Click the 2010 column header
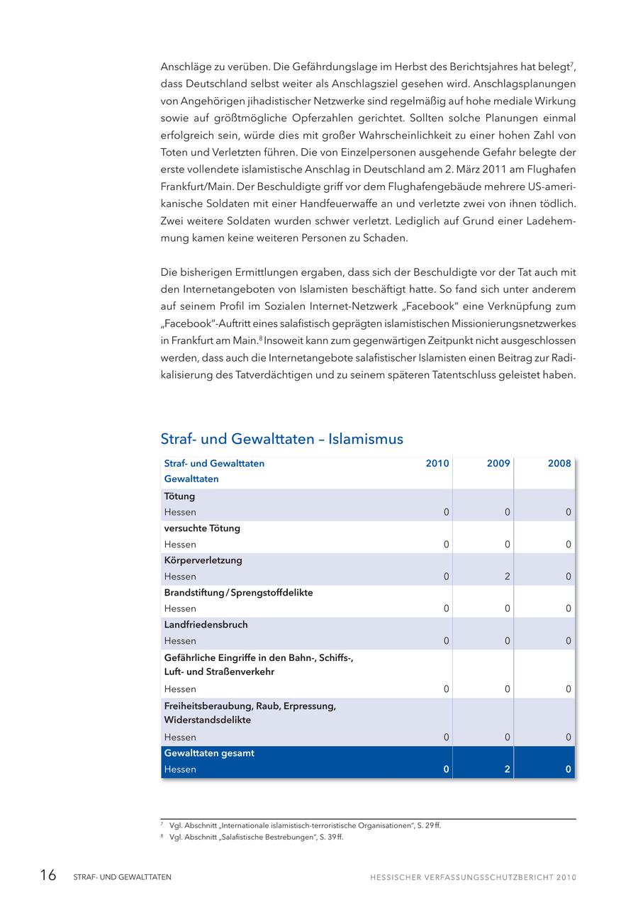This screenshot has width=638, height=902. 437,464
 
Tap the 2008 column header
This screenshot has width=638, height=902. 559,464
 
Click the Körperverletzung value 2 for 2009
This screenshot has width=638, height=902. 508,577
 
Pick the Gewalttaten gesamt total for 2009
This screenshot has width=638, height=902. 508,769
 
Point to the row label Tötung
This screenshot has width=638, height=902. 179,496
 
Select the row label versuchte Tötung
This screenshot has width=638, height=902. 202,528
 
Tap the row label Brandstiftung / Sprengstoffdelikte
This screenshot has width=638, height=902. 238,592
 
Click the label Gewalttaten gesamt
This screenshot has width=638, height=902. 209,753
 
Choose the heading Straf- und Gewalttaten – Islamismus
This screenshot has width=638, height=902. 281,439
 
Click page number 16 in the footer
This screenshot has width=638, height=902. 48,876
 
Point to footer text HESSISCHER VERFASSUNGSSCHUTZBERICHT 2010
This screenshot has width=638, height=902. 473,877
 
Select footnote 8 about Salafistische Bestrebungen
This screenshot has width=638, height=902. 256,837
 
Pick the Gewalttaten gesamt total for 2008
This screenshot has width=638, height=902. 569,769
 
